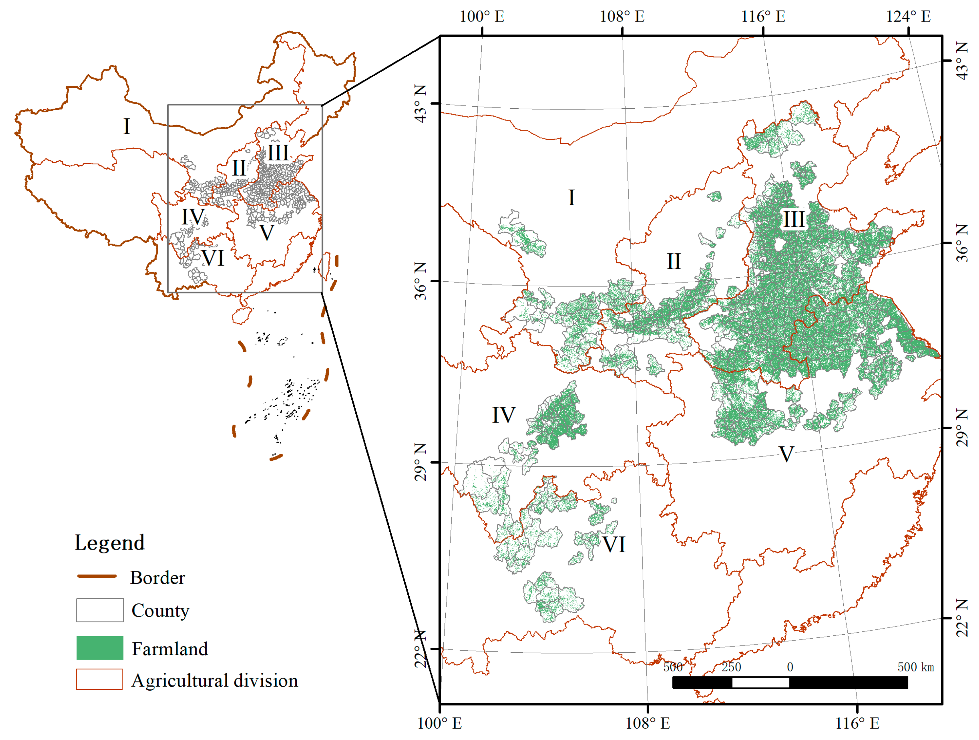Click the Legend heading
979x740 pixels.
point(109,543)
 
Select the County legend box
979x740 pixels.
point(100,610)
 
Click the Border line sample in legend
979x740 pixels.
point(97,576)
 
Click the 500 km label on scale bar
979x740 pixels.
point(915,667)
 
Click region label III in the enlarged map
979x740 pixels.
point(793,219)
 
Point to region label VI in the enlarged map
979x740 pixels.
point(614,544)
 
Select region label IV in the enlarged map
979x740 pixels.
point(504,415)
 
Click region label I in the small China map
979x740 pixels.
point(127,127)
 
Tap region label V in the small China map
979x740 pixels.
point(267,233)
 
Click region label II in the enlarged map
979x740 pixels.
point(674,261)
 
